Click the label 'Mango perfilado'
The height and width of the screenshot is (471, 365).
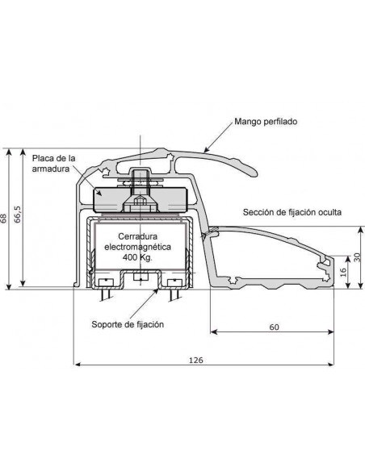click(x=266, y=122)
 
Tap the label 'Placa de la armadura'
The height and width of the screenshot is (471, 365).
click(x=53, y=164)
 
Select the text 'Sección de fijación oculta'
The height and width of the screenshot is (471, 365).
click(x=292, y=212)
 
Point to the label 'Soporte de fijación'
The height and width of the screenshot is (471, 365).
click(x=128, y=324)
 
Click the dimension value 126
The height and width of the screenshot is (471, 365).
click(x=196, y=360)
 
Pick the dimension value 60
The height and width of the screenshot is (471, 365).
click(x=274, y=327)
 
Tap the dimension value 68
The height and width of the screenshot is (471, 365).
click(x=3, y=218)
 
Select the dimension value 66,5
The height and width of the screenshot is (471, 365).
click(x=18, y=215)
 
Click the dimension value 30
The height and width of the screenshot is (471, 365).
click(x=357, y=257)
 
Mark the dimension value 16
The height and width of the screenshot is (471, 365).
click(x=343, y=272)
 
